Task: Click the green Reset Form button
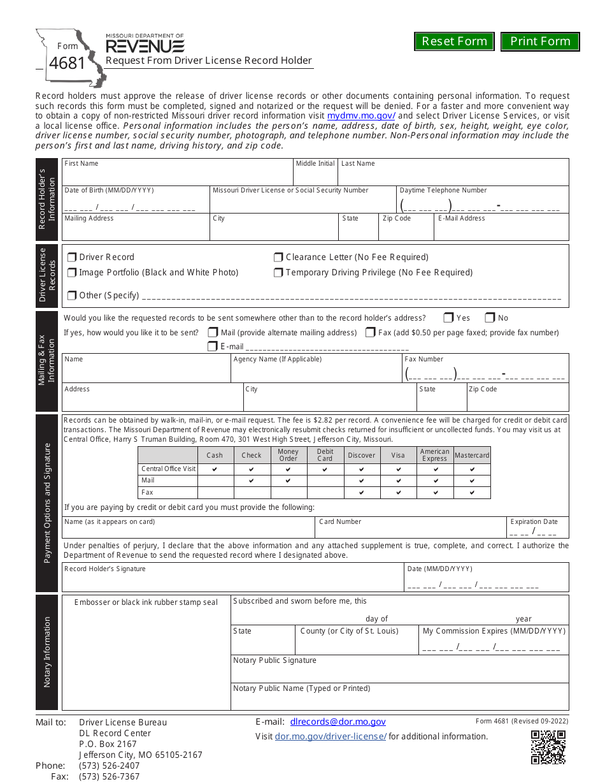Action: (x=454, y=41)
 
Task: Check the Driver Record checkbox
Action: (x=72, y=258)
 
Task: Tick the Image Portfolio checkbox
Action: (x=72, y=273)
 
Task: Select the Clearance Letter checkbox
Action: (x=278, y=258)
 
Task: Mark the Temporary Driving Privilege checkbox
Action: (x=278, y=273)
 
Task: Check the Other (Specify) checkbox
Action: (x=72, y=296)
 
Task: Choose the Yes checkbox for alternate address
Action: (x=448, y=318)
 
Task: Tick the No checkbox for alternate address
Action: (x=490, y=318)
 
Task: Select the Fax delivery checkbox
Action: (x=370, y=333)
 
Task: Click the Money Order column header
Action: (x=288, y=455)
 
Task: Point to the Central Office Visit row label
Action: (x=168, y=469)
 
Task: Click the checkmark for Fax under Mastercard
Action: (x=472, y=493)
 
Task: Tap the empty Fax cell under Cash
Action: (x=215, y=493)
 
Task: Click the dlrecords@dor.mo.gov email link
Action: (x=338, y=722)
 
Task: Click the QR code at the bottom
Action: (x=548, y=747)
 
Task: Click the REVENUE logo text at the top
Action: (x=145, y=46)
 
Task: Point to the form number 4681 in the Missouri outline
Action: (x=67, y=64)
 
